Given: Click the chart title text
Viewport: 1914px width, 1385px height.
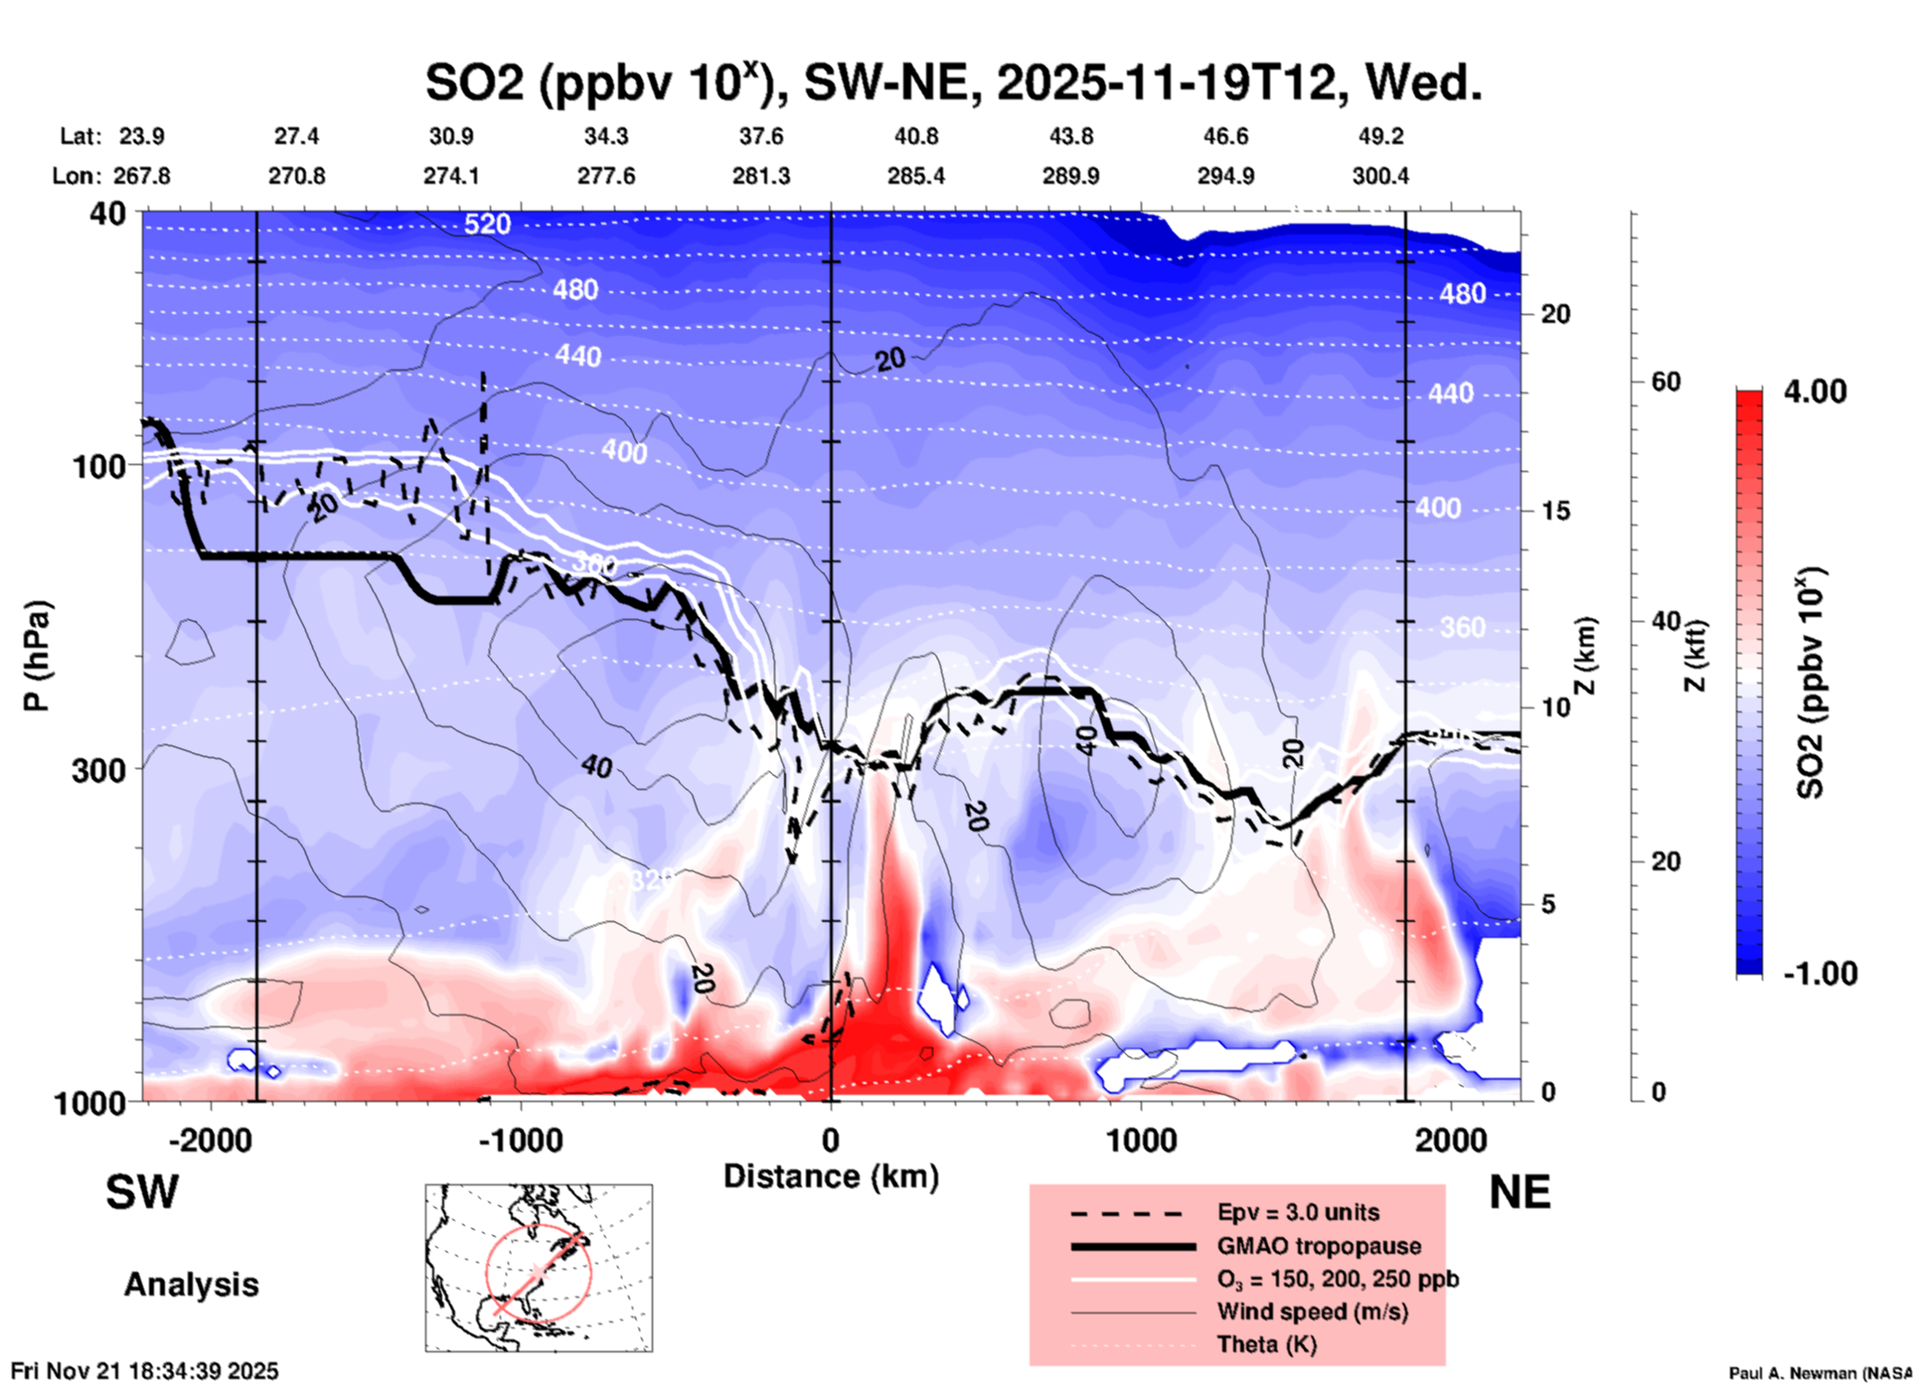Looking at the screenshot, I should [x=953, y=82].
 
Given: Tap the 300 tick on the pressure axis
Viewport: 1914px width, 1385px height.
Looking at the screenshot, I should [x=99, y=770].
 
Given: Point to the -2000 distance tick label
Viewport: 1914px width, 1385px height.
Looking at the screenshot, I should [x=210, y=1140].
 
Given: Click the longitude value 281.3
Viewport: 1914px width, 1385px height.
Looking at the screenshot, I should [x=761, y=176].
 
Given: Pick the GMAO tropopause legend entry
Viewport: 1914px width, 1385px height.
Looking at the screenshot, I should [x=1318, y=1246].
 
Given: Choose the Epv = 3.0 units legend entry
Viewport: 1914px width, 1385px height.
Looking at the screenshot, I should [x=1297, y=1212].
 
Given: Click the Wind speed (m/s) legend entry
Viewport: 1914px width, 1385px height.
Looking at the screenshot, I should [x=1312, y=1311].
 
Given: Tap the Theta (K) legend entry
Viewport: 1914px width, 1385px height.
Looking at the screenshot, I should [x=1266, y=1344].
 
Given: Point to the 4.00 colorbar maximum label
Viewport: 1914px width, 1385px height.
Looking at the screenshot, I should [x=1815, y=391].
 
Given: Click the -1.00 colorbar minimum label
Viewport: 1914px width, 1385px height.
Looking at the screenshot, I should [x=1820, y=973].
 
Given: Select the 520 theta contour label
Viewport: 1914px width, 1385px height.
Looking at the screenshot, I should [x=487, y=225].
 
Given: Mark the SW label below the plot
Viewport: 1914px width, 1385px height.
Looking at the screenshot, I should [x=142, y=1192].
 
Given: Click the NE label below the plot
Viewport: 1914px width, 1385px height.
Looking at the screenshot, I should [x=1519, y=1192].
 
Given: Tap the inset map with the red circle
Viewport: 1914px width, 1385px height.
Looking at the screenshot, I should [x=539, y=1268].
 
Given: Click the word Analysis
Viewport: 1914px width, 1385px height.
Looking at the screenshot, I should [x=191, y=1285].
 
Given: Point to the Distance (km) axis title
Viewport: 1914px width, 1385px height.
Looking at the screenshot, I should [x=831, y=1176].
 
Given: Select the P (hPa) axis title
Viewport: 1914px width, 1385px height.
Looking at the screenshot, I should [x=37, y=656].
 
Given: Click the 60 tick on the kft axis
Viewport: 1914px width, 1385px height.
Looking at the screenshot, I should [x=1666, y=382].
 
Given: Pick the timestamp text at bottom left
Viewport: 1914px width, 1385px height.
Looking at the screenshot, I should [x=145, y=1371].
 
